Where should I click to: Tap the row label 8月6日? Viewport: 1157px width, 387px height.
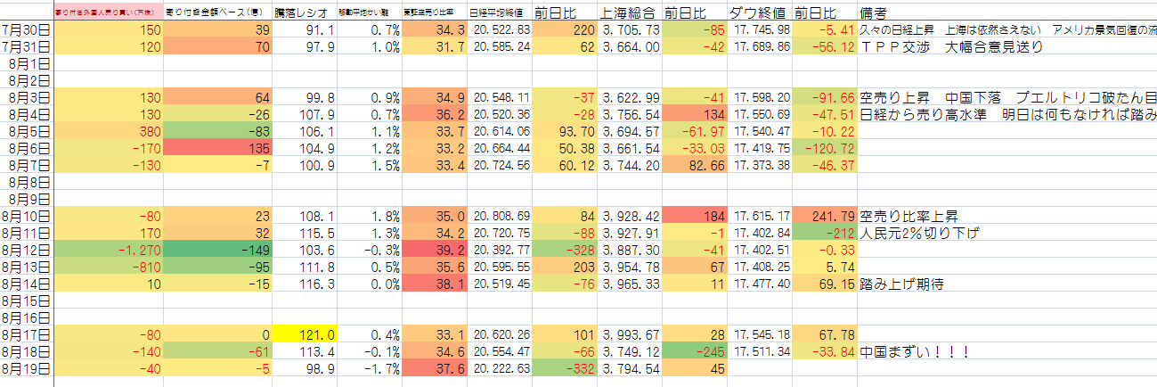(28, 147)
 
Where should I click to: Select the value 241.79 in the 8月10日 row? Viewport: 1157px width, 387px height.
(824, 216)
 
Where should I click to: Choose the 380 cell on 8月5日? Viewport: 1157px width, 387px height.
(134, 131)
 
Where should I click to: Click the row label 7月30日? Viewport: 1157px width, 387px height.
(28, 30)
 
